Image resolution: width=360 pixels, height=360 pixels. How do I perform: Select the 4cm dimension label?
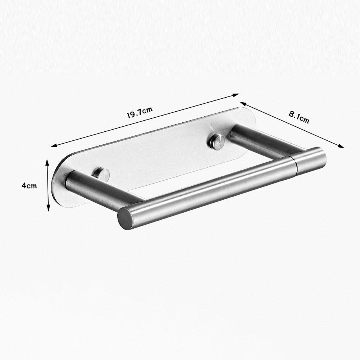tap(29, 186)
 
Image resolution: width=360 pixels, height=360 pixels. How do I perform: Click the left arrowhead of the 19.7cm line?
tap(53, 146)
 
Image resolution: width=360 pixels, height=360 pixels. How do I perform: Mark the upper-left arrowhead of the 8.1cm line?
tap(242, 103)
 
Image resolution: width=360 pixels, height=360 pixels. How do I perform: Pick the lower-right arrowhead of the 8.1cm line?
tap(342, 146)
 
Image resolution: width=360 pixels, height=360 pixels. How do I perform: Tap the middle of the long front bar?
tap(212, 189)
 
